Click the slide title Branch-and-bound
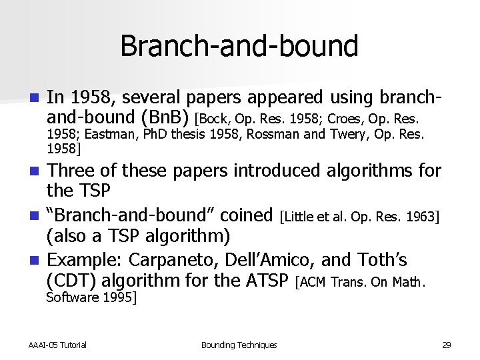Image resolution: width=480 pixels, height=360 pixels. pos(239,46)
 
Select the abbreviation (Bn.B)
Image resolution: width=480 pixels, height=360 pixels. pos(165,117)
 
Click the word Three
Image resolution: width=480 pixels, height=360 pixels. pos(73,171)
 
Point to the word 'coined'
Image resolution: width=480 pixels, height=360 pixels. pos(246,215)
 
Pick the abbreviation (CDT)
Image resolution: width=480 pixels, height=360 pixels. pos(71,281)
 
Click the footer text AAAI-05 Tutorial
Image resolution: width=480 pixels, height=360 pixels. pos(57,345)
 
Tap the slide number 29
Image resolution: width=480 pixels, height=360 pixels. pos(447,345)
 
